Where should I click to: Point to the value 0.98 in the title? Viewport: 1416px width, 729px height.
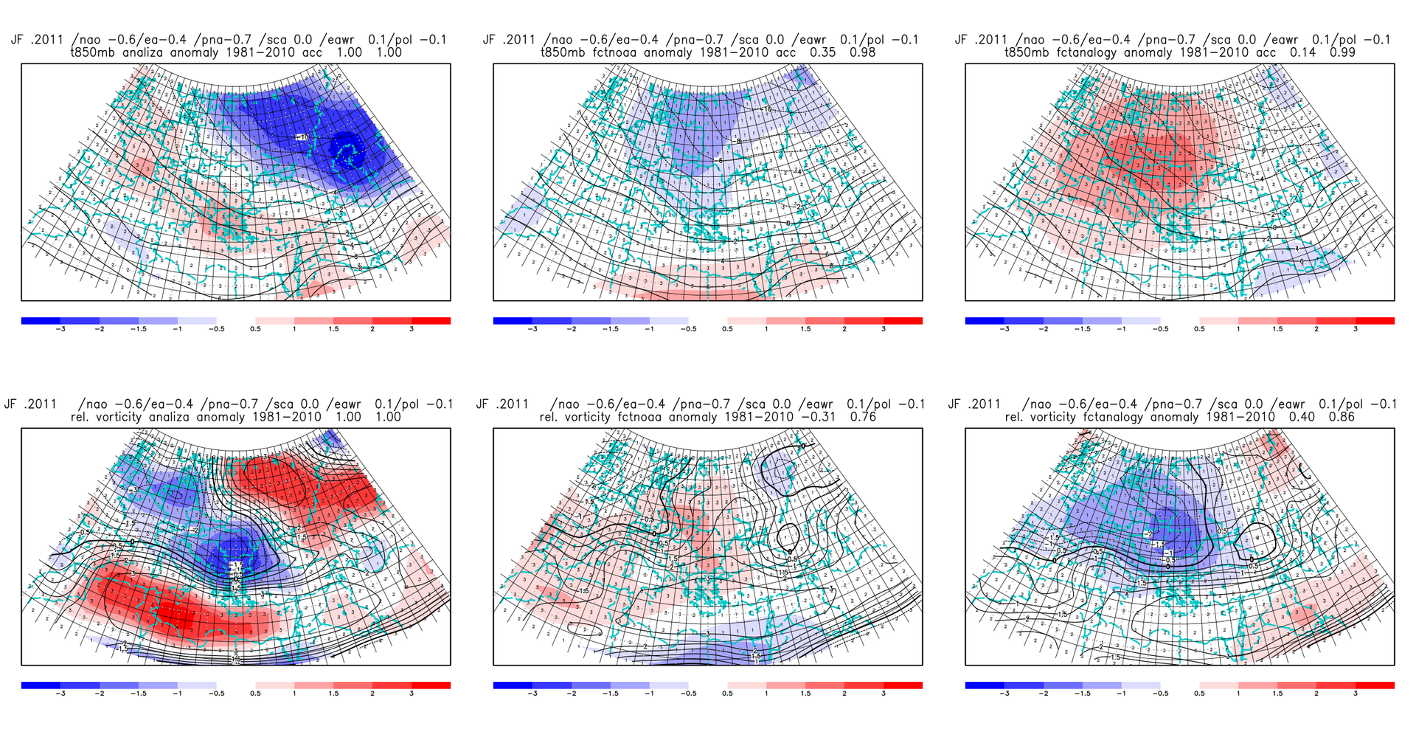pyautogui.click(x=862, y=52)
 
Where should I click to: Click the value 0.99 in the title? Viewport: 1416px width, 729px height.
pyautogui.click(x=1334, y=52)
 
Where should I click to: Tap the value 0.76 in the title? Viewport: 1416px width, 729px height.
pyautogui.click(x=862, y=417)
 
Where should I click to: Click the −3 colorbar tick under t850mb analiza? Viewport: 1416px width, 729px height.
pyautogui.click(x=60, y=329)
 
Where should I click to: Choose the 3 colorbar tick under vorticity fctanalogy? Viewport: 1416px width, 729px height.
pyautogui.click(x=1356, y=694)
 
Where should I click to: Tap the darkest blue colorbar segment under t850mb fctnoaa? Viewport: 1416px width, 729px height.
pyautogui.click(x=513, y=321)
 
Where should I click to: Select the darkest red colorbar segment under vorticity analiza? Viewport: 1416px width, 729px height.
pyautogui.click(x=431, y=685)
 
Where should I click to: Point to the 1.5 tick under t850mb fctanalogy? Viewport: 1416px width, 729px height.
pyautogui.click(x=1277, y=329)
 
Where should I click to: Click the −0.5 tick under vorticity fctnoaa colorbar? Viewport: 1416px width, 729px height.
pyautogui.click(x=687, y=694)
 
